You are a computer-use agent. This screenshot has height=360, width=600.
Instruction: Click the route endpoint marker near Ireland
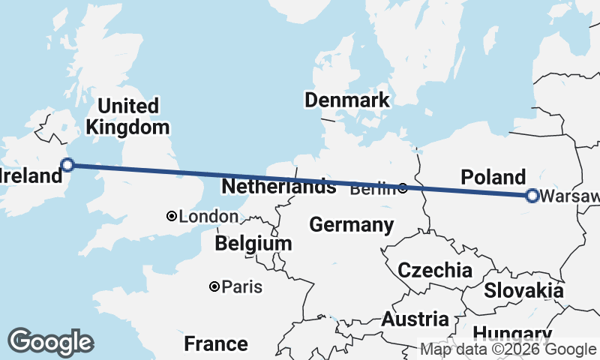coord(67,165)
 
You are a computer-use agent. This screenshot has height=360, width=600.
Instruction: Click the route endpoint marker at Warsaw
coord(532,196)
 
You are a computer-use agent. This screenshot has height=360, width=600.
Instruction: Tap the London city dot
coord(172,217)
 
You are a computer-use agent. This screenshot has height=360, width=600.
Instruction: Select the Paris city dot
coord(214,286)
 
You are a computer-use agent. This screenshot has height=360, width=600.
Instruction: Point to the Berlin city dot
coord(403,188)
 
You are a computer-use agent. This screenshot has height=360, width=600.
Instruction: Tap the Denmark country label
coord(346,100)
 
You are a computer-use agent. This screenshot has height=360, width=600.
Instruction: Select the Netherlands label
coord(278,185)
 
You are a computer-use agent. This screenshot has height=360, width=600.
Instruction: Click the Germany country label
coord(351,224)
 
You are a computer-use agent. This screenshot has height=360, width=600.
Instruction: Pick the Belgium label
coord(253,244)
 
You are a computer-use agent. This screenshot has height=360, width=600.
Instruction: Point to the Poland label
coord(493,178)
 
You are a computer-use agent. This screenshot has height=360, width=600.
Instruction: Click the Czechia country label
coord(435,271)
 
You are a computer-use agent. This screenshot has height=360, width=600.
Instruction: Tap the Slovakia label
coord(523,290)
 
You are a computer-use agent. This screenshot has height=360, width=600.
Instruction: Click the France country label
coord(216,344)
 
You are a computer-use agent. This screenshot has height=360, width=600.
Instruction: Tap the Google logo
coord(50,341)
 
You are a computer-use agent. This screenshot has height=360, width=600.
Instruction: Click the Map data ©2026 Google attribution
coord(508,349)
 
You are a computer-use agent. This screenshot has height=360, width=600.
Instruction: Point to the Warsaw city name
coord(569,197)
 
